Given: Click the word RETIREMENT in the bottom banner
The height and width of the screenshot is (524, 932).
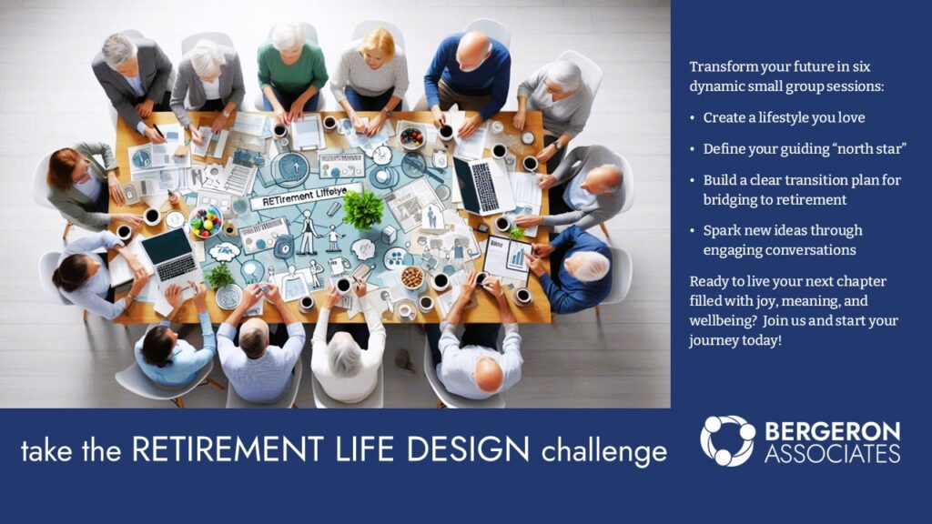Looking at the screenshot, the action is point(228,449).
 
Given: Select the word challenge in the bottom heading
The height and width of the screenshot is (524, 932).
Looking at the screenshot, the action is point(604,451).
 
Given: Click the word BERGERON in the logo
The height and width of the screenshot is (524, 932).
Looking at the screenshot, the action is point(832,431).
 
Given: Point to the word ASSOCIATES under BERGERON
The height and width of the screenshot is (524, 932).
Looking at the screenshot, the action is point(832,454).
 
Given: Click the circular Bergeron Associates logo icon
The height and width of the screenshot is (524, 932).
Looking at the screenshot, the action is point(727,440).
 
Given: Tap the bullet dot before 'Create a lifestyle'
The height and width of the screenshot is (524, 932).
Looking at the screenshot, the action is point(693,118).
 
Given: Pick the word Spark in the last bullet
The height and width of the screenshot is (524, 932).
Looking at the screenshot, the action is point(721,231).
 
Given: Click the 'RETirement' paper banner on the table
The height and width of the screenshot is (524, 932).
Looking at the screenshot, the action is point(304,196).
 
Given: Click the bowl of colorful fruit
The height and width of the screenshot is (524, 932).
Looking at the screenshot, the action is point(206,222).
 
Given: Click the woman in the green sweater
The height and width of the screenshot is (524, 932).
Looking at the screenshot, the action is point(291,65).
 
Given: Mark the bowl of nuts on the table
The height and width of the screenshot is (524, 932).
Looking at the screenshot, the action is point(412,277).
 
